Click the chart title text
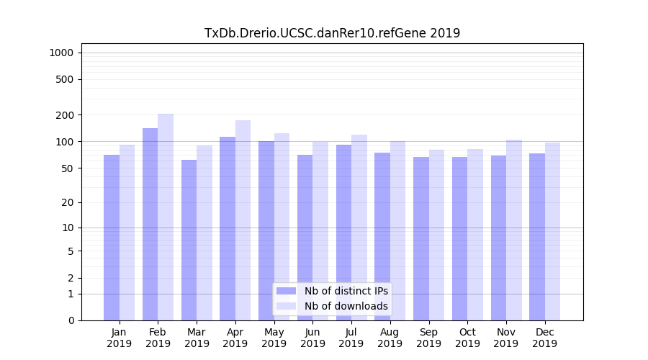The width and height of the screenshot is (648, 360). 332,33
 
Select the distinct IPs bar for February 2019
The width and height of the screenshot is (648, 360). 150,224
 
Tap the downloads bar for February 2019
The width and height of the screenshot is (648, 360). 166,217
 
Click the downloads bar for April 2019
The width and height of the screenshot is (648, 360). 243,220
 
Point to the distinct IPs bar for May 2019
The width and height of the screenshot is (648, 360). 266,230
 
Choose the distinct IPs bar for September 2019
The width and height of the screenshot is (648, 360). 421,238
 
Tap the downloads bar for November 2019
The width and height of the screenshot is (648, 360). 514,230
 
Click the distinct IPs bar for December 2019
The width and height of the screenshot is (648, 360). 537,237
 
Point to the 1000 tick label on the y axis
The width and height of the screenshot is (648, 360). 61,53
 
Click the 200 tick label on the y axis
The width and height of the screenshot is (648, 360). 64,115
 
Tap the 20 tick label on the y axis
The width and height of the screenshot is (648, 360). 67,202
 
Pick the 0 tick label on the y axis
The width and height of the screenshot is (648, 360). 71,320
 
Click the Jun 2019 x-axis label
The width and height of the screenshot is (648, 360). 312,338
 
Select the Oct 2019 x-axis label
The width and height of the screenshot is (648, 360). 467,338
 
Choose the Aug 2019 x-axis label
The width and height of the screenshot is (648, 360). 390,338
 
